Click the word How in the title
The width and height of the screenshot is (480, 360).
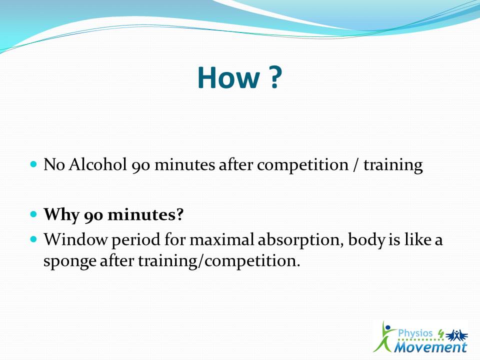[x=228, y=77]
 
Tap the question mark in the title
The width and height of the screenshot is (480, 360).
[x=275, y=77]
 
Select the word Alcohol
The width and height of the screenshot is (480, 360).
[x=97, y=164]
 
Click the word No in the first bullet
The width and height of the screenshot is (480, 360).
[x=54, y=164]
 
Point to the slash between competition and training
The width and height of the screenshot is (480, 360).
[x=355, y=165]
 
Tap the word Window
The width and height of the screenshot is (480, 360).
[x=75, y=239]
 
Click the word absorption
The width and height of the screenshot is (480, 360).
[x=300, y=240]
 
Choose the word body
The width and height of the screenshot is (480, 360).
[x=366, y=240]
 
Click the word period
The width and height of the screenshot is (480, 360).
[x=136, y=240]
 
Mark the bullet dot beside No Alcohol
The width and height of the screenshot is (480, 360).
[x=33, y=164]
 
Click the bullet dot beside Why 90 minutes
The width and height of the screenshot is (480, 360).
[x=33, y=213]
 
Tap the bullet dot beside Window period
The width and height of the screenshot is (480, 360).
[x=33, y=239]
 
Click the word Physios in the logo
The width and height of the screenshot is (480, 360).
[x=415, y=333]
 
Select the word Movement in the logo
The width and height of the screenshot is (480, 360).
[x=430, y=347]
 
